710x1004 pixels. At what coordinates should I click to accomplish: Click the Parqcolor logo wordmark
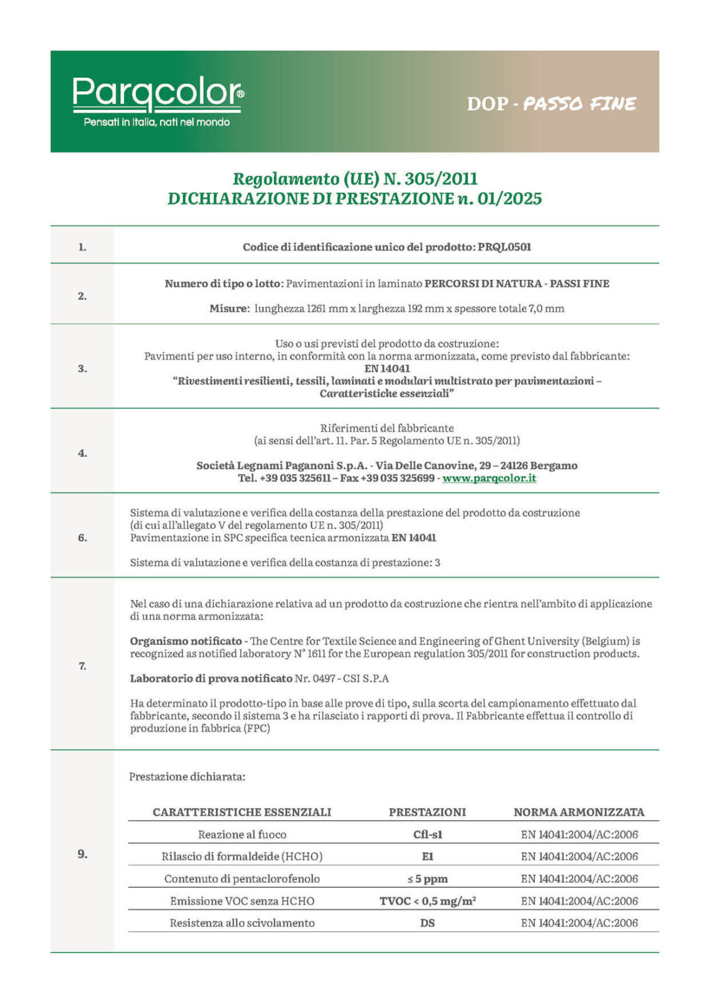[157, 93]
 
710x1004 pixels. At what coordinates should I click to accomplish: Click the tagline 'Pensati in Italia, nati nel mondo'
[157, 122]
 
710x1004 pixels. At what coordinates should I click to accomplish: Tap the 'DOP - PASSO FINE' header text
[551, 104]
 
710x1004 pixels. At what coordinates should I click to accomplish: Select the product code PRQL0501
[504, 247]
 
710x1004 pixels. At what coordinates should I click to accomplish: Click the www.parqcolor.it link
[489, 478]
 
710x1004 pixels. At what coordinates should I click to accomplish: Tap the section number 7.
[82, 666]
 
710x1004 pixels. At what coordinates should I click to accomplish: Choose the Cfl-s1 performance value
[428, 835]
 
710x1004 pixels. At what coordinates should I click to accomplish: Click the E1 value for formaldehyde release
[428, 857]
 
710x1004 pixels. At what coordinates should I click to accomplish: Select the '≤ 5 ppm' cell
[428, 878]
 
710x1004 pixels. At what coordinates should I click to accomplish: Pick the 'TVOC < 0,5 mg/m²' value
[428, 901]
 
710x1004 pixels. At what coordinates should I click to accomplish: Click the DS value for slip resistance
[428, 923]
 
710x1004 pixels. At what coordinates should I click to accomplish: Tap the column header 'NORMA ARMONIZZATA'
[579, 812]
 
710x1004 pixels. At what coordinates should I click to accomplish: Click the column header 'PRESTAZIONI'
[428, 812]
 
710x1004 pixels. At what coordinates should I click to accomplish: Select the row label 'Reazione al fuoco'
[242, 835]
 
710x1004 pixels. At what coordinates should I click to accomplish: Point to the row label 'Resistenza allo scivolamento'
[242, 923]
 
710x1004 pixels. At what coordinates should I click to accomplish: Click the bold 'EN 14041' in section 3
[387, 369]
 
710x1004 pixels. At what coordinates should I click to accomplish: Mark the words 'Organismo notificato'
[186, 641]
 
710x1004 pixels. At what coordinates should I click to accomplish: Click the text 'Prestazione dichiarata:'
[187, 777]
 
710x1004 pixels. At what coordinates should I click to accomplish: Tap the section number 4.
[82, 453]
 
